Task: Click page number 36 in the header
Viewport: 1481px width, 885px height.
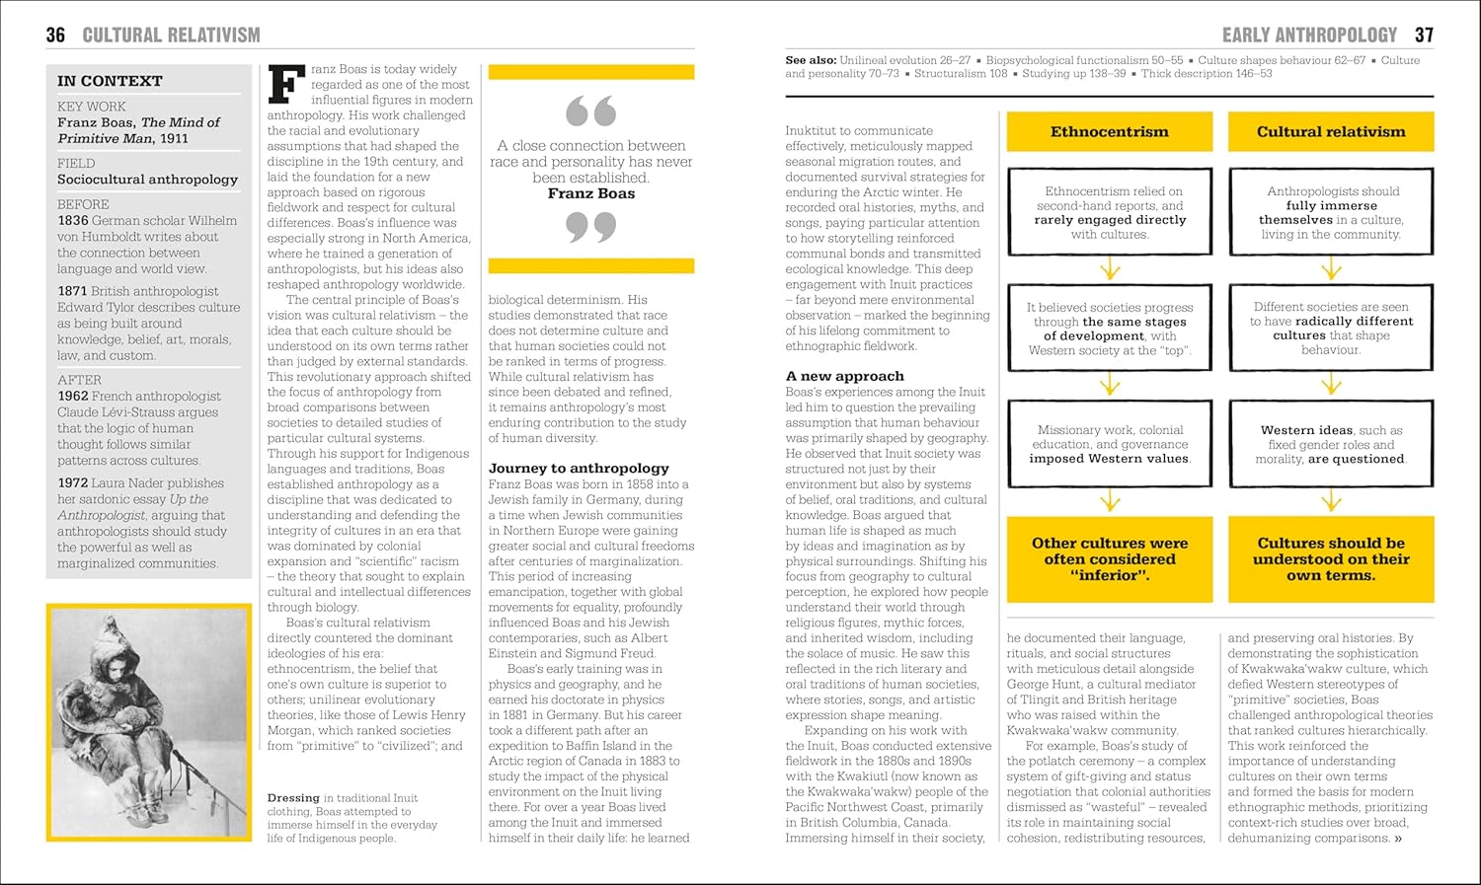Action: click(55, 36)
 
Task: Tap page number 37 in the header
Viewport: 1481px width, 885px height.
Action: click(1424, 36)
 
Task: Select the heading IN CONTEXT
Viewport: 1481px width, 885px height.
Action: click(110, 81)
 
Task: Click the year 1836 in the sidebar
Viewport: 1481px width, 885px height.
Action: click(73, 221)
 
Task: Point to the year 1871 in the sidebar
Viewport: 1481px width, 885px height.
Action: click(73, 291)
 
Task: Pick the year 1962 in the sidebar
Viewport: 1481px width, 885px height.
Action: click(73, 396)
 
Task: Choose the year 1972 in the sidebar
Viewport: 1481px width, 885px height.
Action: click(73, 483)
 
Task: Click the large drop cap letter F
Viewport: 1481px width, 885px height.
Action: click(286, 85)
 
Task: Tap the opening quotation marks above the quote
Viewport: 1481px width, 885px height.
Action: click(591, 111)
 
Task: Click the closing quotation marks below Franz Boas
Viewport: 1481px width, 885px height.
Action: click(591, 228)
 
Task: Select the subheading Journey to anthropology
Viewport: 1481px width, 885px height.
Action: click(579, 469)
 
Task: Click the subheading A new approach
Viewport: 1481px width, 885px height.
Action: click(844, 376)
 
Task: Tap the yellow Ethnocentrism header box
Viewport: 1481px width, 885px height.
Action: click(1109, 132)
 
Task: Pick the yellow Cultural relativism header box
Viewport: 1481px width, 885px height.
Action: click(1331, 132)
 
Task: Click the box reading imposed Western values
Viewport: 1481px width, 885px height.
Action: click(1110, 444)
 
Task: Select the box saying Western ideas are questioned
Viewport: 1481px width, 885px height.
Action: click(1331, 444)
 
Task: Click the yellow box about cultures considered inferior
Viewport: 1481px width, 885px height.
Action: click(1110, 559)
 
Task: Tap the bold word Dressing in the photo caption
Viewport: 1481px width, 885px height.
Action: click(293, 798)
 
